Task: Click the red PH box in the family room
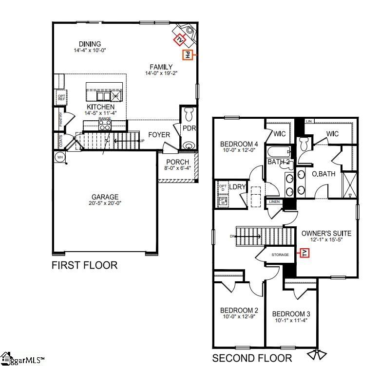(x=187, y=55)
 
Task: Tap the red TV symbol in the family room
(x=180, y=38)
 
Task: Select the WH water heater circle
(x=60, y=157)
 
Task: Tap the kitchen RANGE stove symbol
(x=105, y=125)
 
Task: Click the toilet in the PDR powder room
(x=190, y=115)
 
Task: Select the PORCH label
(x=177, y=162)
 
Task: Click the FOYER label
(x=159, y=135)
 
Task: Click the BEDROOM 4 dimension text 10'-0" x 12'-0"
(x=239, y=151)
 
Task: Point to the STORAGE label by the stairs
(x=280, y=255)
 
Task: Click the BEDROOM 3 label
(x=291, y=313)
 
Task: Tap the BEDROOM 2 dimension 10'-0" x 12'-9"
(x=239, y=317)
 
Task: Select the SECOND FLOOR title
(x=252, y=359)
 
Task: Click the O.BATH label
(x=323, y=174)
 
